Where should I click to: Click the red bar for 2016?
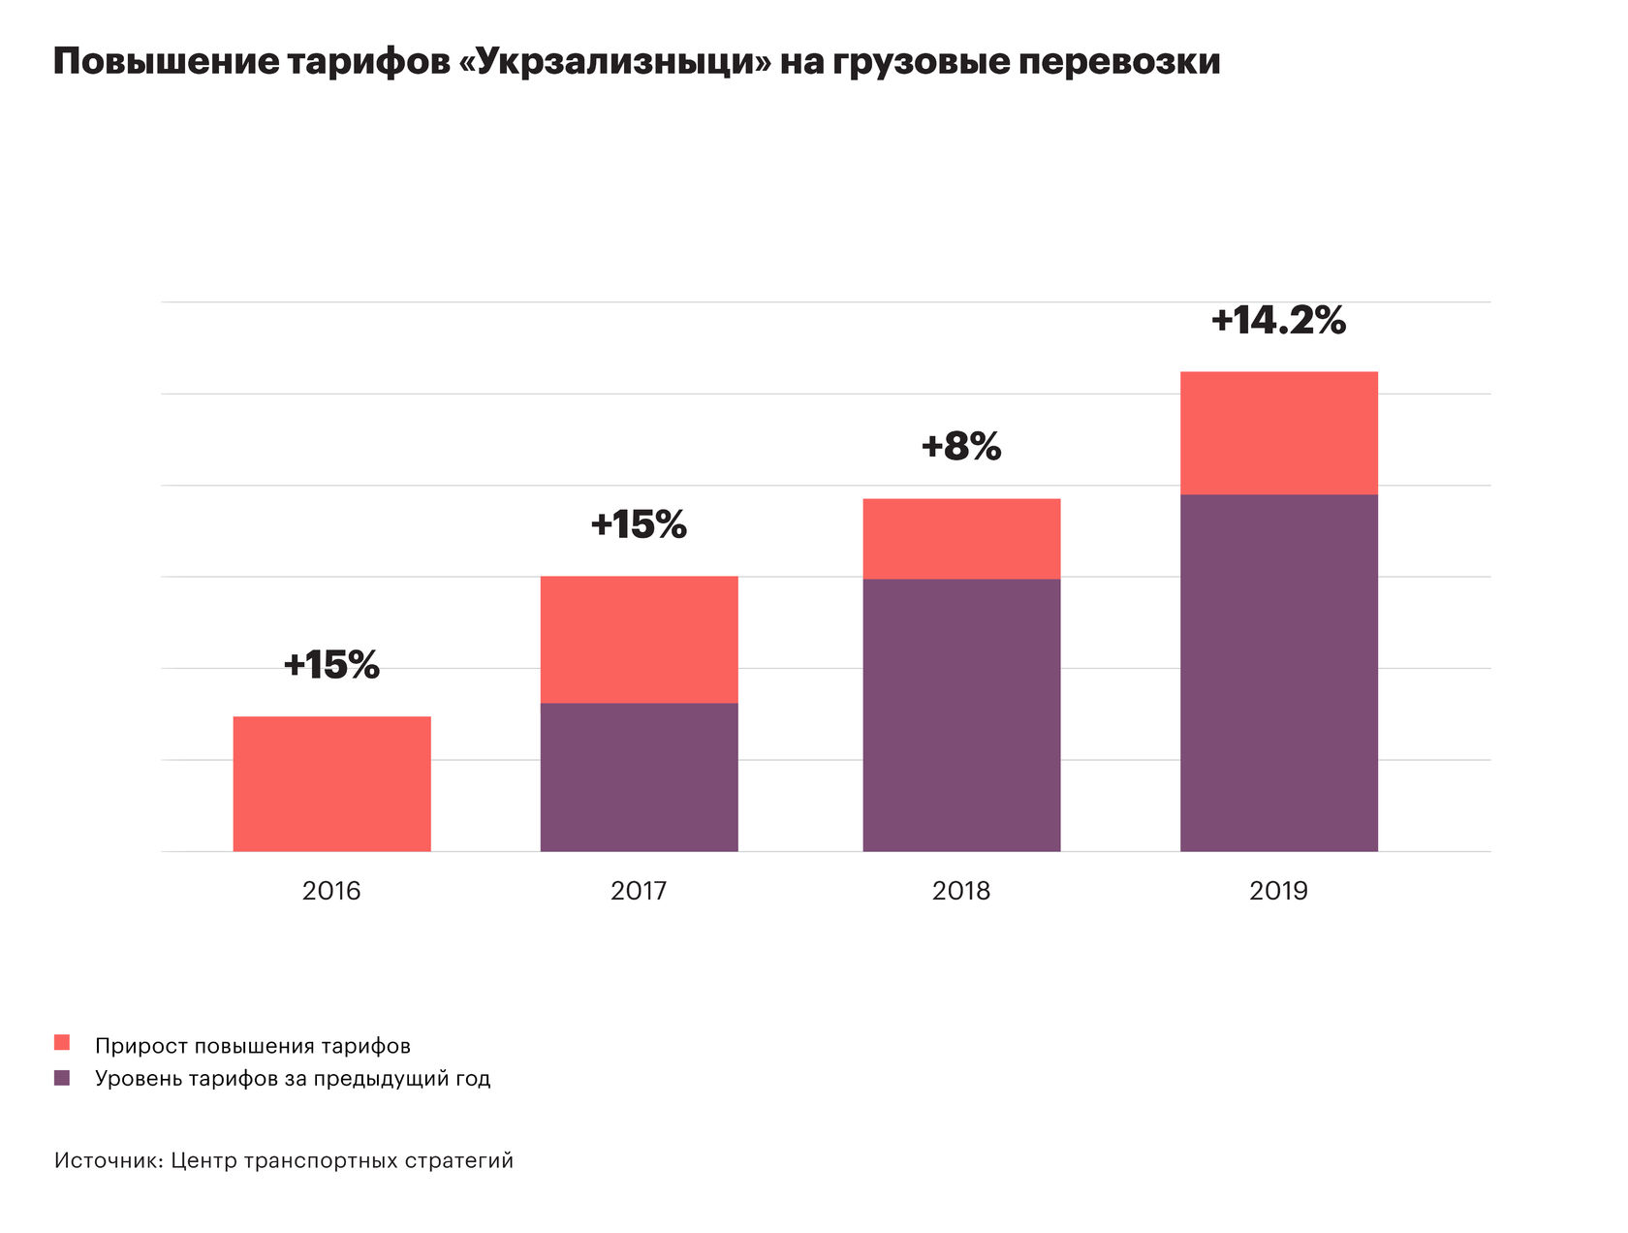point(331,783)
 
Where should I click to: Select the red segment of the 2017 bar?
point(639,639)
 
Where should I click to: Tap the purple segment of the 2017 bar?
point(639,776)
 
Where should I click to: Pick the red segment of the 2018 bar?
point(961,538)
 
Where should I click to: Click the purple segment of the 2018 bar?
point(961,714)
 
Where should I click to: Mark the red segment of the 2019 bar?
point(1278,432)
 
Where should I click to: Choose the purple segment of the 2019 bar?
point(1278,673)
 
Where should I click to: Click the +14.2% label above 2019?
point(1278,321)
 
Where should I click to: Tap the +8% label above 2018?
point(961,447)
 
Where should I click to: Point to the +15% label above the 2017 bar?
point(639,524)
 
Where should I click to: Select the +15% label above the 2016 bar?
point(331,665)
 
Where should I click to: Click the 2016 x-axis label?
point(331,891)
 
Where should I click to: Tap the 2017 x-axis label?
point(639,891)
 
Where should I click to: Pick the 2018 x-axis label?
point(961,891)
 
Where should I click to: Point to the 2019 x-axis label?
point(1278,891)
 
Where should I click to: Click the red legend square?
point(62,1043)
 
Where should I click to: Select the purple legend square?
point(62,1077)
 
